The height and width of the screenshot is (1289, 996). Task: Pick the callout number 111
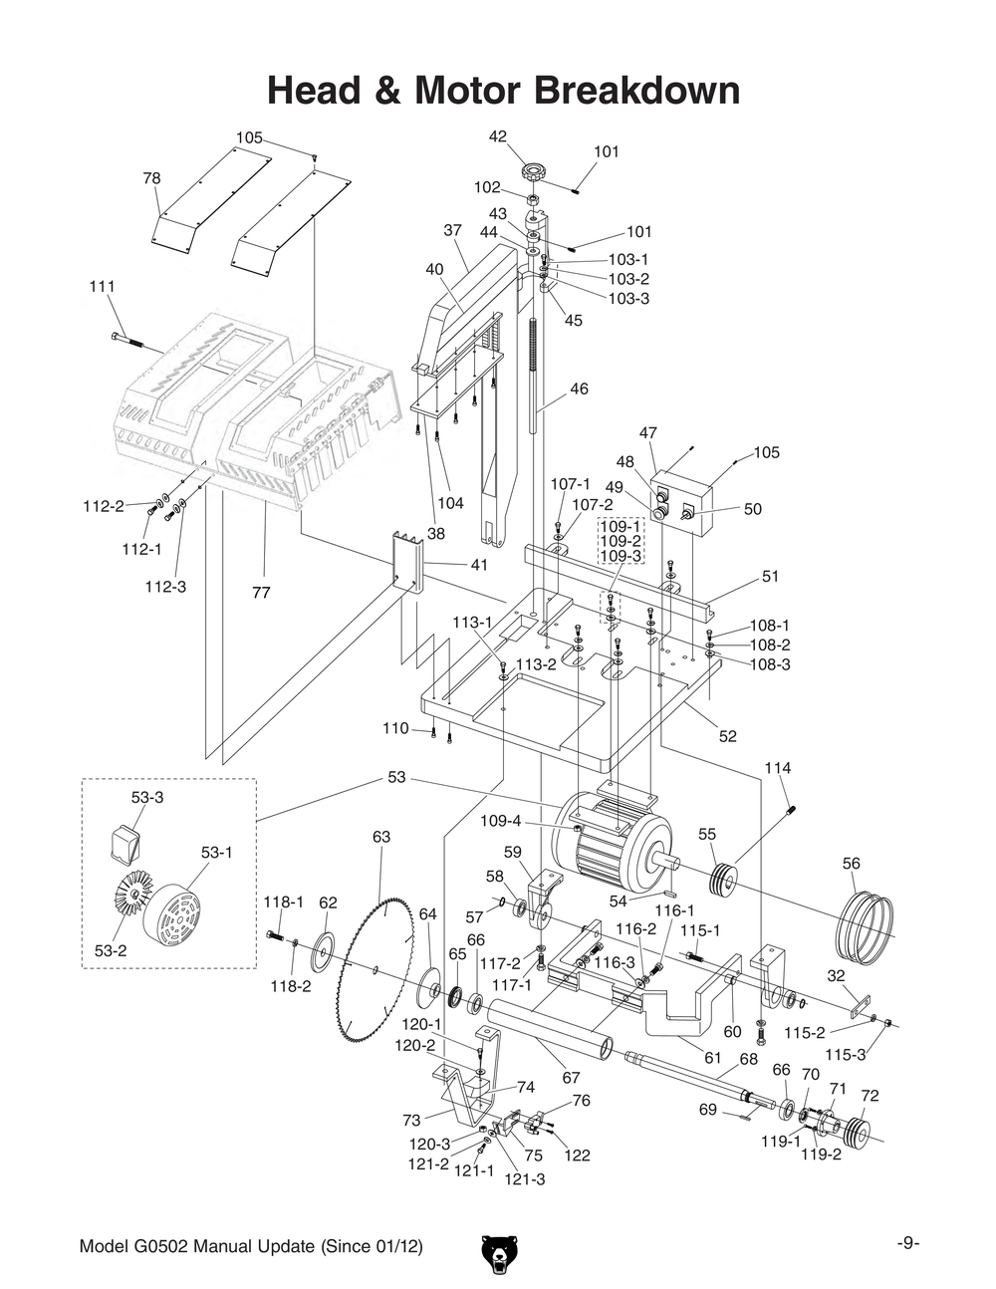pos(102,286)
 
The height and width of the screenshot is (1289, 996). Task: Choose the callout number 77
pos(261,592)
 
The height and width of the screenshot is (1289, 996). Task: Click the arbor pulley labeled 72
pos(855,1133)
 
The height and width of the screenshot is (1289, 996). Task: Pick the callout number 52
pos(728,736)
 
